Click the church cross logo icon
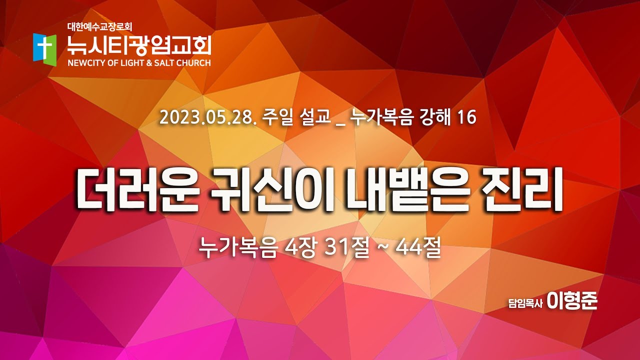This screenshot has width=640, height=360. click(x=44, y=47)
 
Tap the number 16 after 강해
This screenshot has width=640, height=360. click(x=468, y=118)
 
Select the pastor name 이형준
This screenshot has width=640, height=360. click(x=572, y=301)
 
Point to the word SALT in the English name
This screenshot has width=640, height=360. click(x=163, y=63)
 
